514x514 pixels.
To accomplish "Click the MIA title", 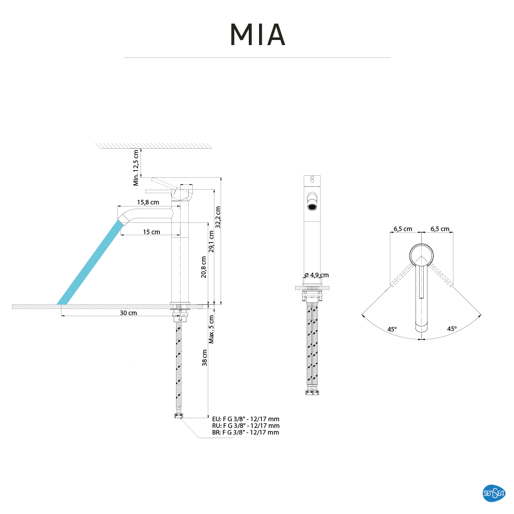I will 257,34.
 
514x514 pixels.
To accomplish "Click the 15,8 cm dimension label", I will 148,202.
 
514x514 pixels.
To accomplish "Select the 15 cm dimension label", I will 151,232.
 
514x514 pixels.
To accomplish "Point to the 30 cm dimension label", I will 129,313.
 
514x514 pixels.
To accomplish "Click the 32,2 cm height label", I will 218,217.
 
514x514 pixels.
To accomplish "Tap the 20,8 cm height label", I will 204,266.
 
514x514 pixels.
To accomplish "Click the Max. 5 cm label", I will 211,328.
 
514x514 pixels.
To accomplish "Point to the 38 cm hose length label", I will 204,358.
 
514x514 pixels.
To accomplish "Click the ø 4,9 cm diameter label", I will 317,275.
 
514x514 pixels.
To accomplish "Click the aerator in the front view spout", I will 311,207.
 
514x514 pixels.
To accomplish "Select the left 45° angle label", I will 392,329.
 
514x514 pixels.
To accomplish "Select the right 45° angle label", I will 451,329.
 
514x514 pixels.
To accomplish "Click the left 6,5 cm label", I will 403,229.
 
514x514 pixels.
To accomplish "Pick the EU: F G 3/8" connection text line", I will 245,419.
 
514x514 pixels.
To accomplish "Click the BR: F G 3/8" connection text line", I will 245,433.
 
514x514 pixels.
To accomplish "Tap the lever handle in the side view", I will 164,183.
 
